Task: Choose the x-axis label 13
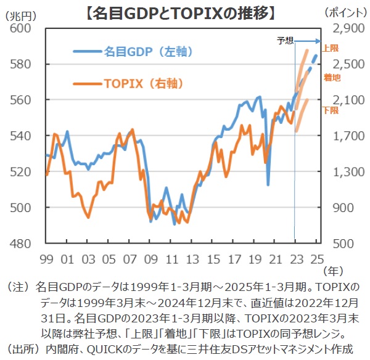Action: [x=192, y=259]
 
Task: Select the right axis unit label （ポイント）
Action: [x=345, y=13]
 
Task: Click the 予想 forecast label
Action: [x=285, y=41]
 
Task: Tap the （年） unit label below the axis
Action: [x=334, y=269]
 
